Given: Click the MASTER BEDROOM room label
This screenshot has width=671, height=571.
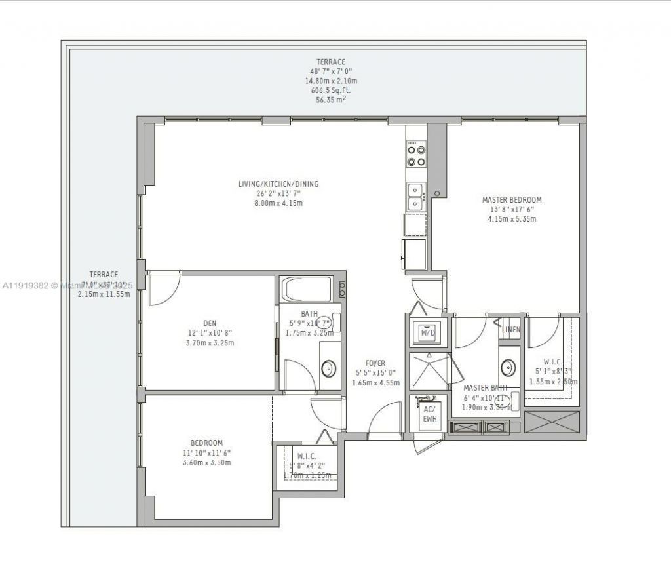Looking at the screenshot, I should [512, 200].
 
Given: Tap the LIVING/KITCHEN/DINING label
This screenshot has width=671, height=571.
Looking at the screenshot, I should [278, 184].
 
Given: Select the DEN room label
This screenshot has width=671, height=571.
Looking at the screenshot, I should [210, 323].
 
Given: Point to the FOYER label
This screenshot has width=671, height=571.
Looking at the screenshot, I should [375, 363].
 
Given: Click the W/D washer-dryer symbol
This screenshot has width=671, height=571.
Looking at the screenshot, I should [428, 332].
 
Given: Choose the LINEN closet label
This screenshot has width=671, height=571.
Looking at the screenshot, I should [511, 330].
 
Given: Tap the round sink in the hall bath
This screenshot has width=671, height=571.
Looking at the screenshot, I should [328, 368].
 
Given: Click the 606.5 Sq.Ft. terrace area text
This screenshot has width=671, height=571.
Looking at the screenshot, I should [331, 90].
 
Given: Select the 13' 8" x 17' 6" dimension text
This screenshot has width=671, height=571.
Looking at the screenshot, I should [512, 210].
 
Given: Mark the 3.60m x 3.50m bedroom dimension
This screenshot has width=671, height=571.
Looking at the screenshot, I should [206, 462].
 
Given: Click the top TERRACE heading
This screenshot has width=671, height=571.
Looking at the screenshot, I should [331, 62].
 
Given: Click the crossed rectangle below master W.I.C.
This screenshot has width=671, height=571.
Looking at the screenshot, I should [552, 422].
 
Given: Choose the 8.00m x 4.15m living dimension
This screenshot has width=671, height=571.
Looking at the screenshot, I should [278, 203].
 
